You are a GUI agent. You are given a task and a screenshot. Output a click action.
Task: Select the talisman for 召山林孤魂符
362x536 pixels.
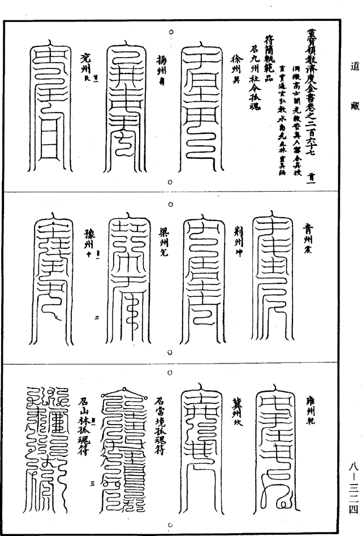click(48, 435)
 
